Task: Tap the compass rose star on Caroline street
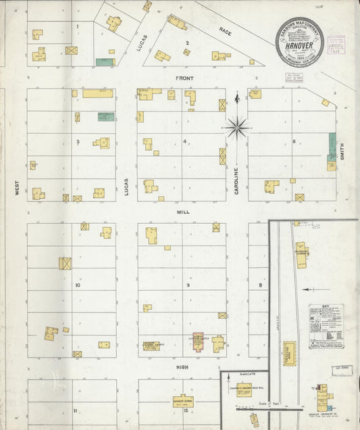[236, 126]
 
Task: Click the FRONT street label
[184, 78]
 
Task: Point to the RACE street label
[225, 30]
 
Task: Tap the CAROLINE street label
[237, 182]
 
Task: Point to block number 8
[260, 285]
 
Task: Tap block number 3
[78, 141]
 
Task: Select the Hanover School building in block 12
[182, 401]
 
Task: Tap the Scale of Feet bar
[268, 408]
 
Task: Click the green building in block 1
[105, 62]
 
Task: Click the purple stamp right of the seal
[336, 45]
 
